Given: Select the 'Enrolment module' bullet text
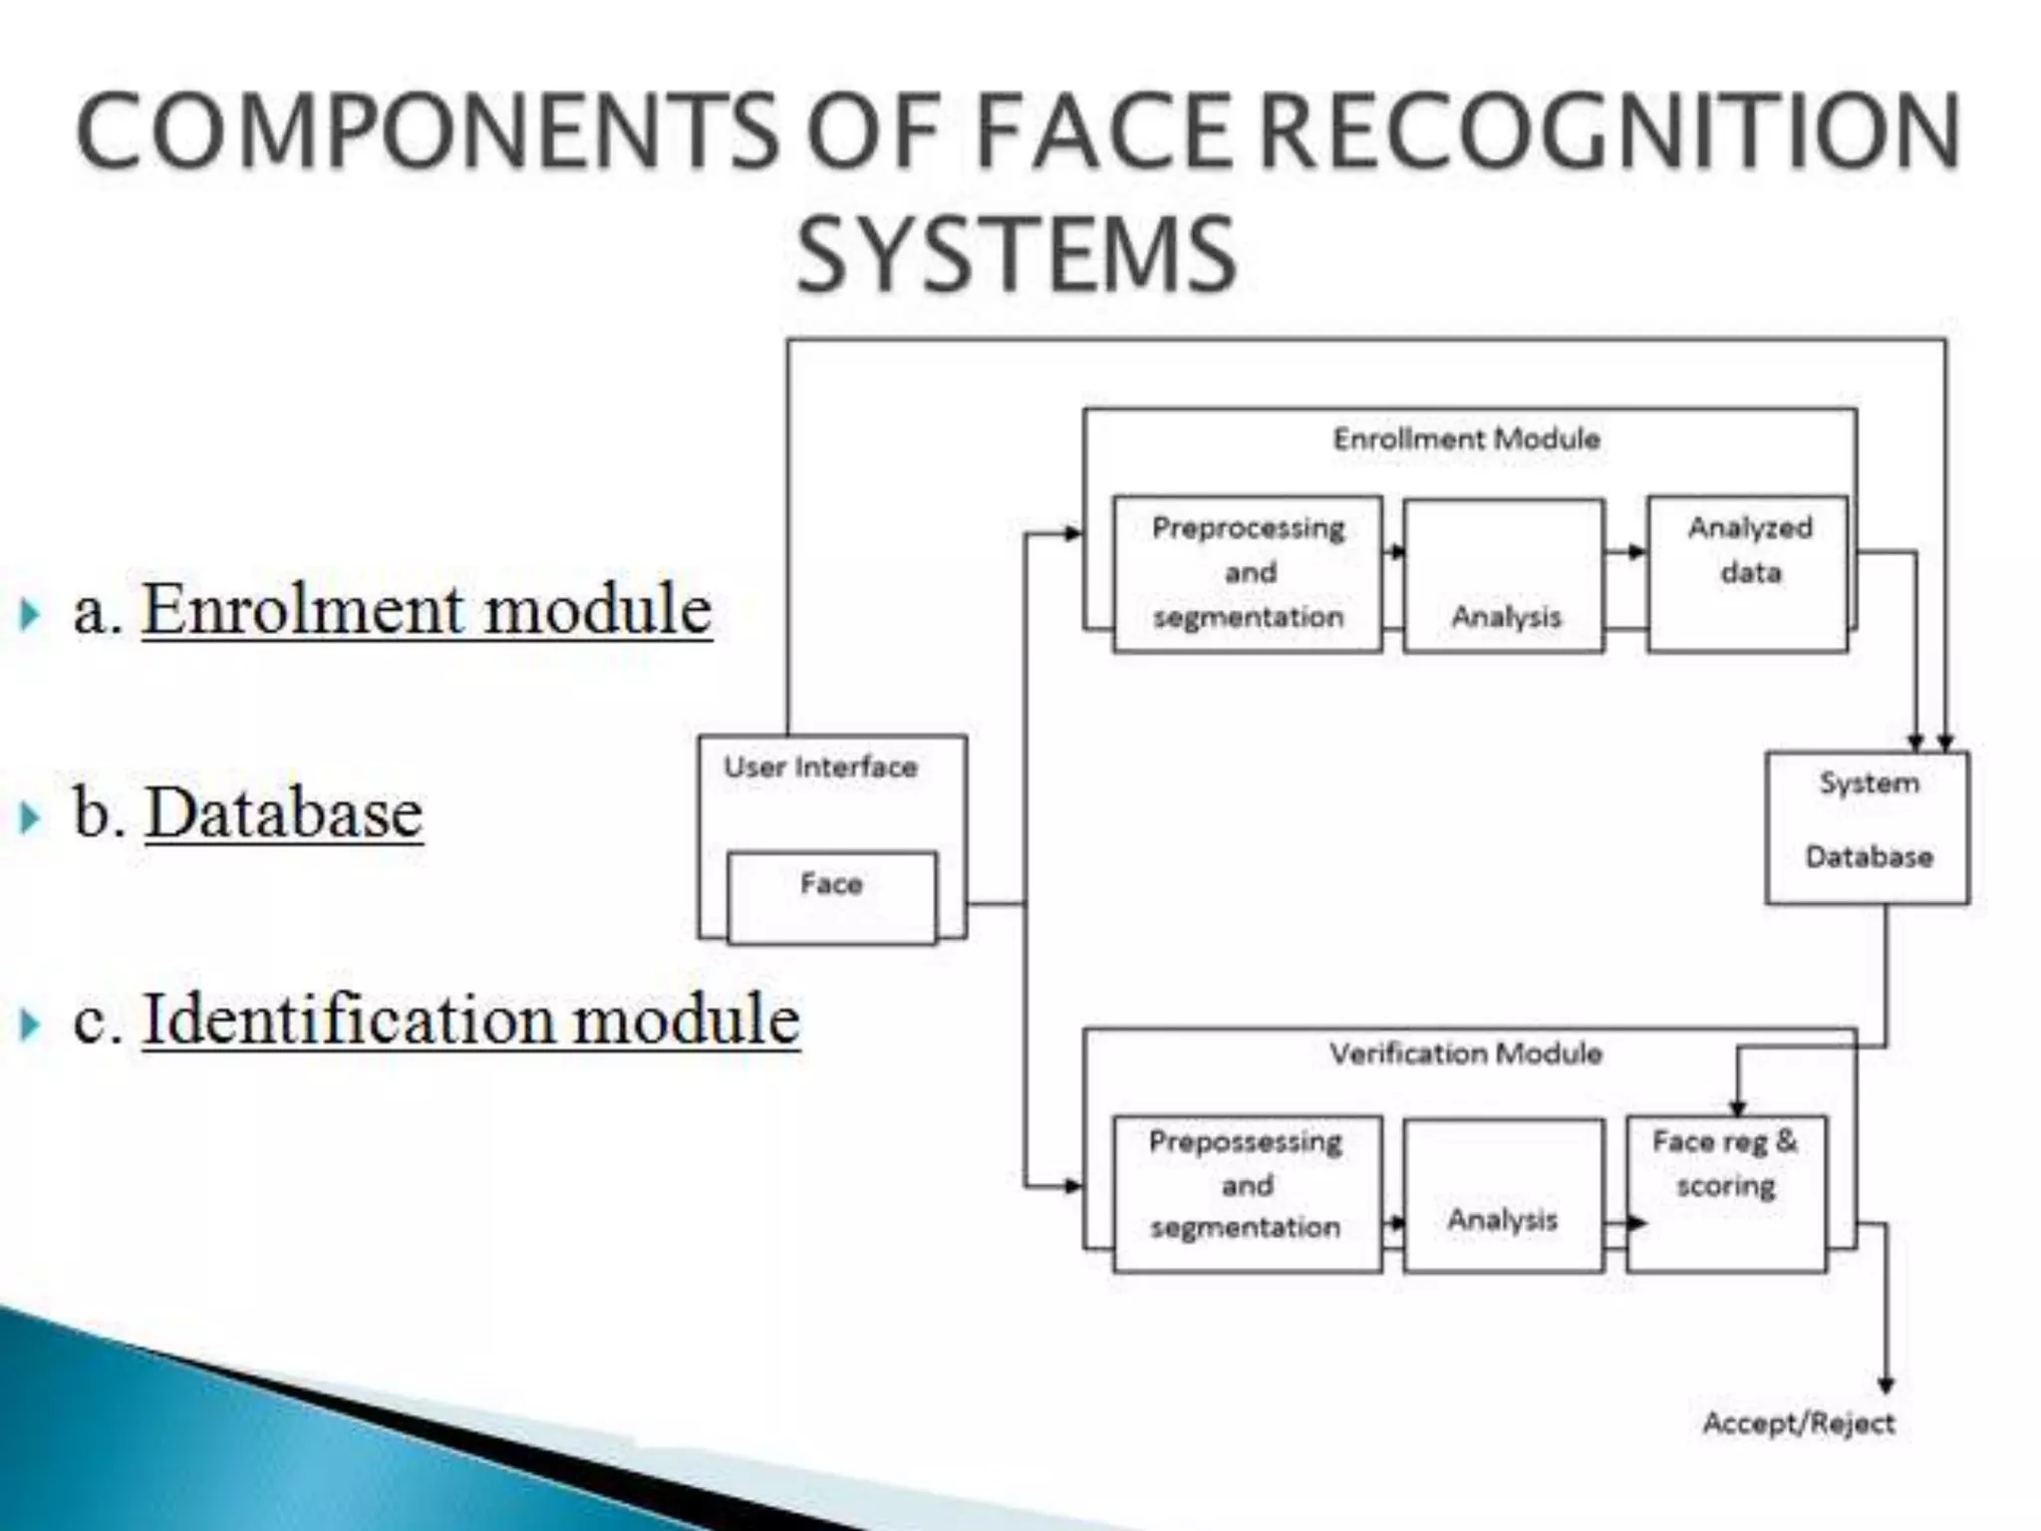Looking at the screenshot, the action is pyautogui.click(x=427, y=609).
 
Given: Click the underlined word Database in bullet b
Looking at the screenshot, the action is pyautogui.click(x=284, y=813).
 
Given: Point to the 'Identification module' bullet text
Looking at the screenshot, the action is pyautogui.click(x=470, y=1020).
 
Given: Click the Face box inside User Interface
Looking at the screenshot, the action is pyautogui.click(x=832, y=897).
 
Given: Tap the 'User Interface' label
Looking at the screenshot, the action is pyautogui.click(x=820, y=766).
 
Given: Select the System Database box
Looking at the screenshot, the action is pyautogui.click(x=1868, y=827).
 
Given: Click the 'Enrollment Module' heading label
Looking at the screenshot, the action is pyautogui.click(x=1467, y=439).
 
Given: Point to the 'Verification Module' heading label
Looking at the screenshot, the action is pyautogui.click(x=1466, y=1054).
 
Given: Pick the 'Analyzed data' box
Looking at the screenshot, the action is pyautogui.click(x=1748, y=573).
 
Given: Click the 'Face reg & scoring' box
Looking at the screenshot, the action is pyautogui.click(x=1726, y=1192).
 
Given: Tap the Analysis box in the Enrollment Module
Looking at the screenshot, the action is pyautogui.click(x=1504, y=576).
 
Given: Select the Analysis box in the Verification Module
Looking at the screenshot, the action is pyautogui.click(x=1504, y=1194).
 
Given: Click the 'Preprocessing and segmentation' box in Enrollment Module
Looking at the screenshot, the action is pyautogui.click(x=1248, y=573).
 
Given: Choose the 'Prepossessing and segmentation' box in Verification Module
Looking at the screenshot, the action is pyautogui.click(x=1247, y=1192).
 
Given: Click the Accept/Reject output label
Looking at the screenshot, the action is pyautogui.click(x=1799, y=1423).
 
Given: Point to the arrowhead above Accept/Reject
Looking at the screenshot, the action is pyautogui.click(x=1886, y=1384).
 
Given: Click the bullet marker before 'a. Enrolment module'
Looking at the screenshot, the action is pyautogui.click(x=30, y=614).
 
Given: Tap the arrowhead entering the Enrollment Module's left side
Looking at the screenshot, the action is pyautogui.click(x=1073, y=533).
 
